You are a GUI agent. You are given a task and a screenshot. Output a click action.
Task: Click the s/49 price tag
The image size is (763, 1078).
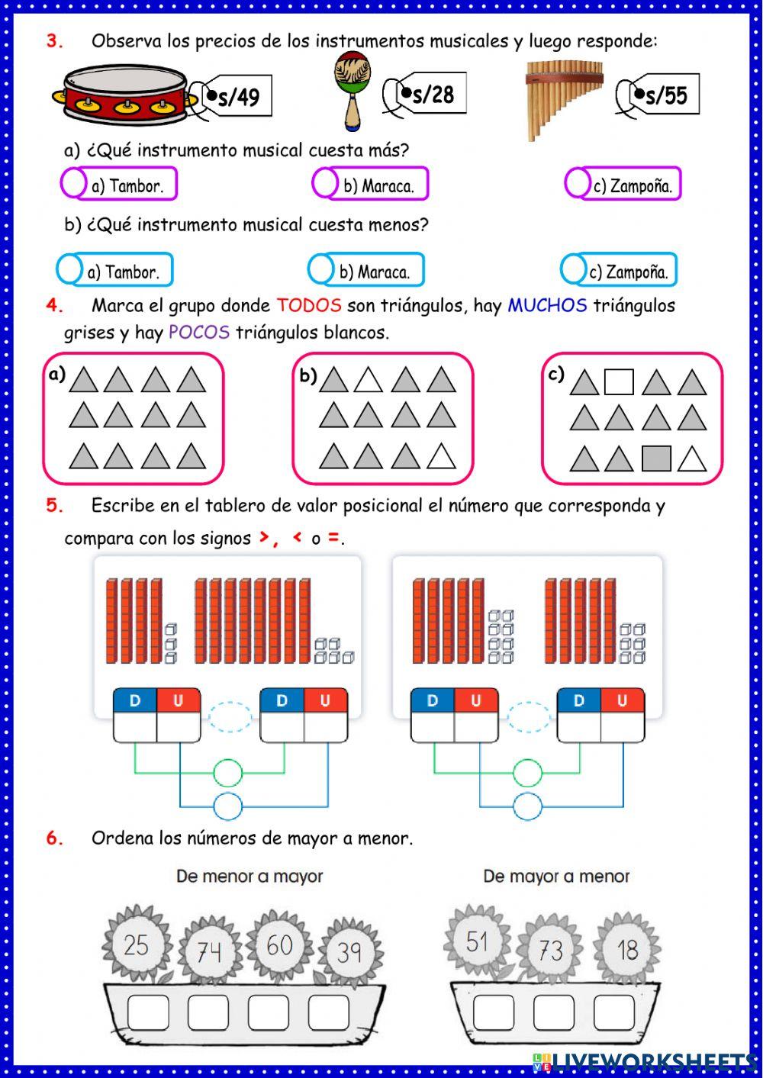(x=237, y=97)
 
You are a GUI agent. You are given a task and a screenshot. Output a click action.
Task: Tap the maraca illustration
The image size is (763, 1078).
(x=353, y=88)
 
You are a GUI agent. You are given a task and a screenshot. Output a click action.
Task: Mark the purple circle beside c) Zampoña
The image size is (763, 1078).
(x=578, y=183)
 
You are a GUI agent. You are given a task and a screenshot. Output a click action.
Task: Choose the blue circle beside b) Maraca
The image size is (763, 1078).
(x=320, y=269)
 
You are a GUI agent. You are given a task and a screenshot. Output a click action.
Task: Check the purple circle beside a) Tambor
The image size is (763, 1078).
(x=73, y=183)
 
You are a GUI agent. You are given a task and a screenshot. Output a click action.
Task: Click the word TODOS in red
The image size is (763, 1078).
(x=308, y=306)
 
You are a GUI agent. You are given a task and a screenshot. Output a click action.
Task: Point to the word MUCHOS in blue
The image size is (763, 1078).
(x=547, y=306)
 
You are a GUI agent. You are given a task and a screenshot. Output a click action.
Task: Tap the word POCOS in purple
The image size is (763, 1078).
(x=198, y=333)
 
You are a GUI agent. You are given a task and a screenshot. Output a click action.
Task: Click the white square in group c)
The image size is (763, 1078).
(x=618, y=381)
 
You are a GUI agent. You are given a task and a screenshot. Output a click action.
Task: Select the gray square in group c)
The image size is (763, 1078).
(x=656, y=459)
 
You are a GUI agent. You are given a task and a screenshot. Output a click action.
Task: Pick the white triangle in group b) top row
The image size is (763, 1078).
(x=368, y=380)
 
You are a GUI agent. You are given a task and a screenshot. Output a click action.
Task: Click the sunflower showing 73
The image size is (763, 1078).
(x=550, y=950)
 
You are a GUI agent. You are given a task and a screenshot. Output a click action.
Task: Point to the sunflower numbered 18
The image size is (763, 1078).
(x=627, y=949)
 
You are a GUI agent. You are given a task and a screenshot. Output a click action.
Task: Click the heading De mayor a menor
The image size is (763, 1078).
(x=556, y=877)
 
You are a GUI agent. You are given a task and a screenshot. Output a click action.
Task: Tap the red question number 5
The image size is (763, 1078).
(x=54, y=505)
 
